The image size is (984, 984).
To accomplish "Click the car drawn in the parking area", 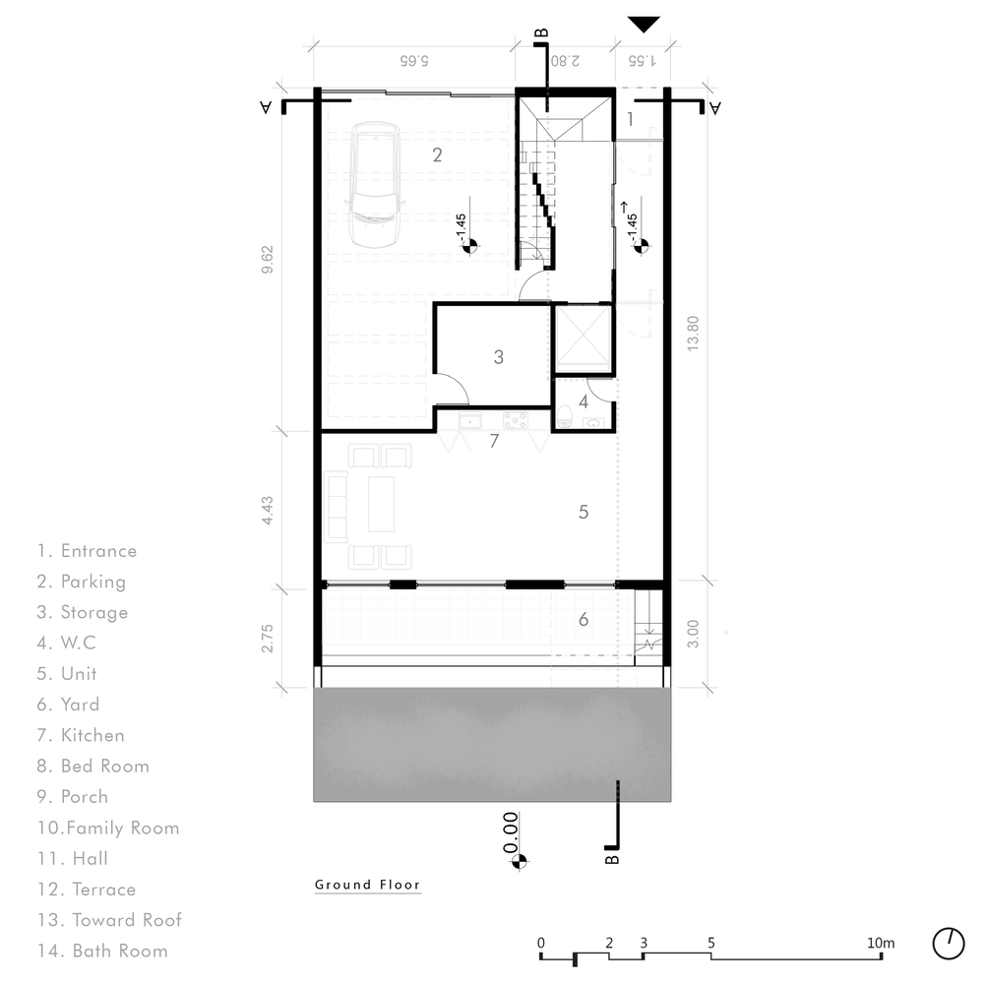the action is pyautogui.click(x=375, y=186).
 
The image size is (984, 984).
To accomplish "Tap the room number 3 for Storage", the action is pyautogui.click(x=498, y=357).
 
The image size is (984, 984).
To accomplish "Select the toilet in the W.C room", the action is pyautogui.click(x=564, y=416).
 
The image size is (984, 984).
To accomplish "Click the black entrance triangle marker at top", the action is pyautogui.click(x=644, y=25).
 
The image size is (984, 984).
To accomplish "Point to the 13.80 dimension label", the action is pyautogui.click(x=692, y=334).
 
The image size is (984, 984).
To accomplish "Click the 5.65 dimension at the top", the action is pyautogui.click(x=414, y=60).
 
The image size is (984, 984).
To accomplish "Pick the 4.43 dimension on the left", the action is pyautogui.click(x=268, y=510).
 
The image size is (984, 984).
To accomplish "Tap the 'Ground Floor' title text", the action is pyautogui.click(x=367, y=885).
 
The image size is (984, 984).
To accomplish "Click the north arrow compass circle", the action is pyautogui.click(x=949, y=944).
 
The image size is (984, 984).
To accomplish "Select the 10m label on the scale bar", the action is pyautogui.click(x=881, y=943).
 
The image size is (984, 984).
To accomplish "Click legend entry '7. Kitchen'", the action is pyautogui.click(x=81, y=735).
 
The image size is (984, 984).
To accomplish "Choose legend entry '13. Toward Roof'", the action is pyautogui.click(x=109, y=919).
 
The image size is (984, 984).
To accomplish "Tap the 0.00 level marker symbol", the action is pyautogui.click(x=519, y=862).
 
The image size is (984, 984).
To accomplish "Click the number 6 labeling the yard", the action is pyautogui.click(x=583, y=619).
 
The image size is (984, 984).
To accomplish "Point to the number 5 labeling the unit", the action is pyautogui.click(x=583, y=512).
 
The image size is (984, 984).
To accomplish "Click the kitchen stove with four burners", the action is pyautogui.click(x=516, y=420).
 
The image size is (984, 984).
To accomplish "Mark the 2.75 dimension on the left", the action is pyautogui.click(x=268, y=639).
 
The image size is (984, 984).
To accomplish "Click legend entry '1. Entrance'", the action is pyautogui.click(x=87, y=550).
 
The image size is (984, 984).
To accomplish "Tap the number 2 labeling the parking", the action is pyautogui.click(x=437, y=154).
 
